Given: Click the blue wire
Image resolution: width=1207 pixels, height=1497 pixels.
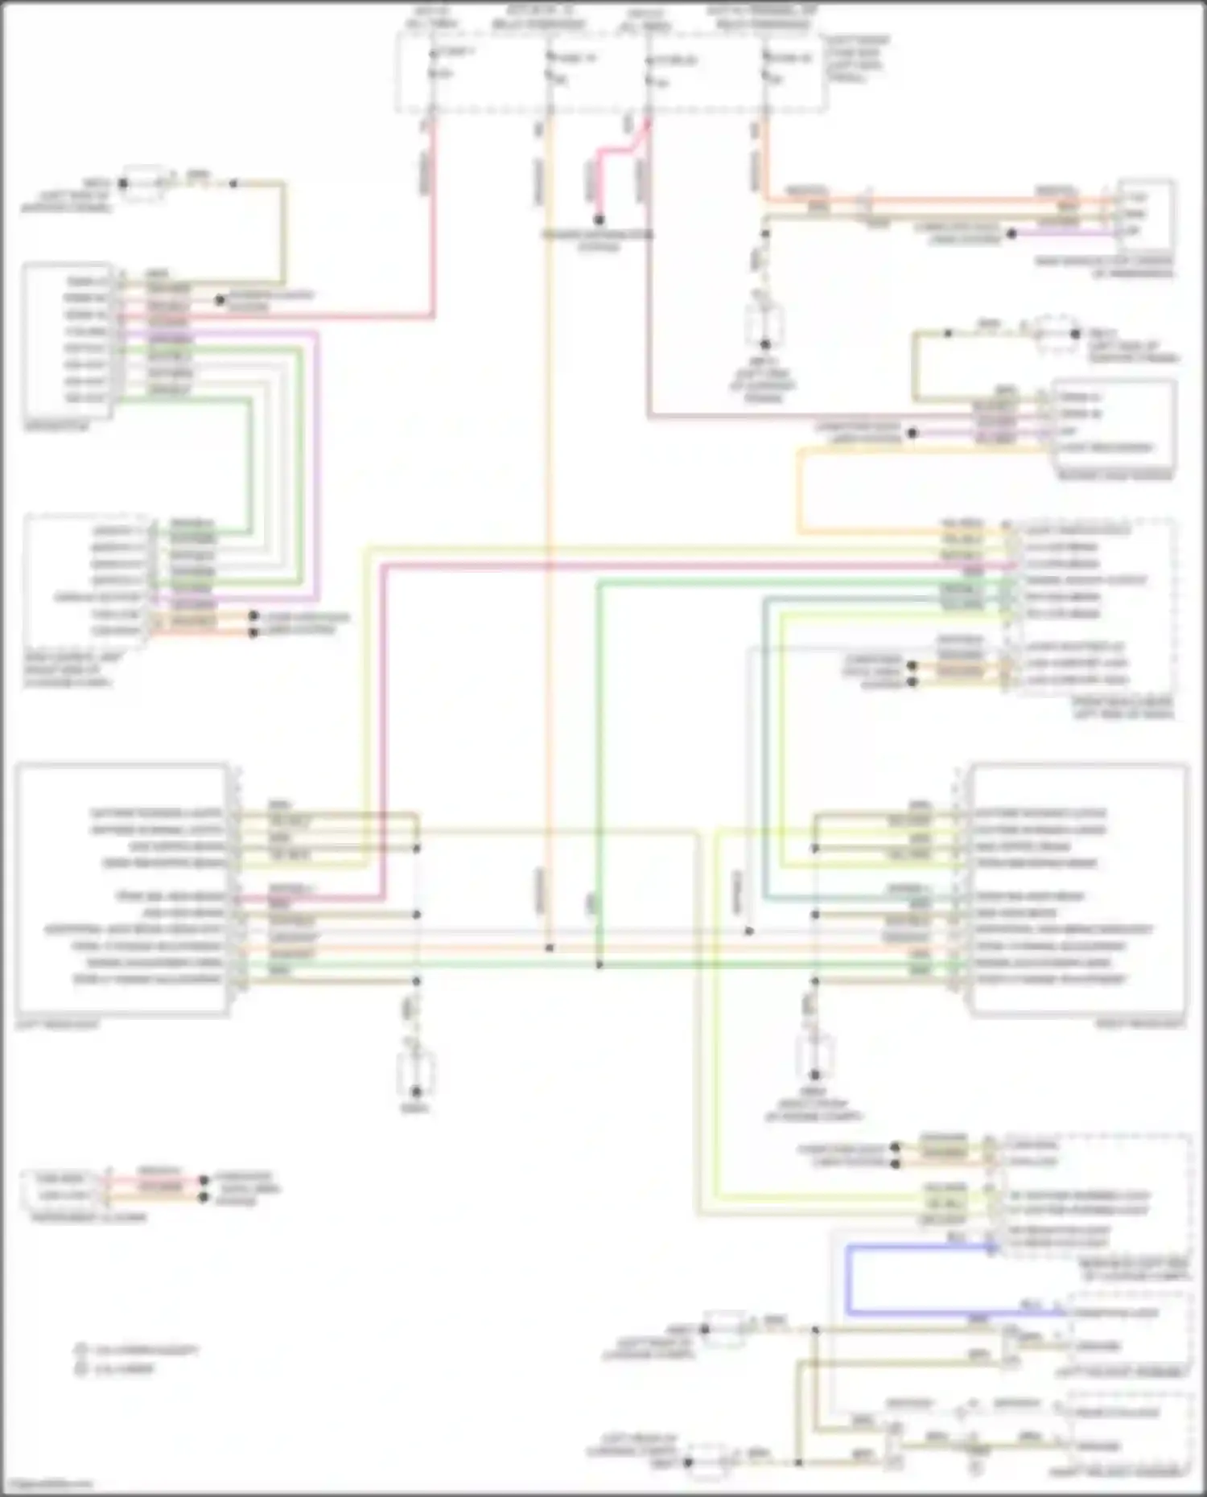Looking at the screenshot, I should click(847, 1279).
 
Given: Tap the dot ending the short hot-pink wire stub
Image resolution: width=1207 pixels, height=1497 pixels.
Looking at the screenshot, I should click(599, 220).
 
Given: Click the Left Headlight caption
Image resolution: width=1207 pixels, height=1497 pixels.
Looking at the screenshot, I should click(56, 1024).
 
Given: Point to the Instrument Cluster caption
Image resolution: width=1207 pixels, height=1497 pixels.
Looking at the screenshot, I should click(89, 1218).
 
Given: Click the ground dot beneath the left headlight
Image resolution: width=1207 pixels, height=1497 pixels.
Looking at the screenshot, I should click(416, 1092).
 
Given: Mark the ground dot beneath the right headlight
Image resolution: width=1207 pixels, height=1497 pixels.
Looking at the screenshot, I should click(814, 1075).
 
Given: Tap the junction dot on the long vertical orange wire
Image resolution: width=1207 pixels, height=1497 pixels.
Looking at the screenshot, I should click(550, 948).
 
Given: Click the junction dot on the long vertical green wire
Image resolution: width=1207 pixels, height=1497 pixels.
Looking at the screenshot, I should click(599, 964).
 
